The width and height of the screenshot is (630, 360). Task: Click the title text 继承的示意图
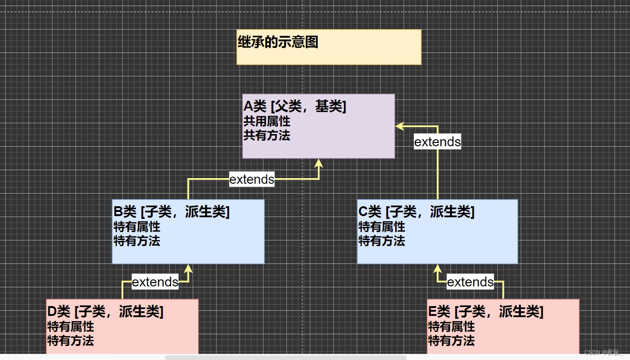pos(278,42)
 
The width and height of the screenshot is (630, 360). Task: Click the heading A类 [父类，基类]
pos(295,107)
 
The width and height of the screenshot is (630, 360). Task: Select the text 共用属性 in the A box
pos(267,122)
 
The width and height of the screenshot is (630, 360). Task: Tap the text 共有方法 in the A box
pos(267,136)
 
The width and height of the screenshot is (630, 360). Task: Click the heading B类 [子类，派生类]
pos(172,212)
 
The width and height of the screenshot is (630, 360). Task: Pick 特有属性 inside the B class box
pos(137,227)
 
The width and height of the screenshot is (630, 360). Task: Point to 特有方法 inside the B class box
pos(137,241)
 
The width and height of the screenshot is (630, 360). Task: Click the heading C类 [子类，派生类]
pos(416,212)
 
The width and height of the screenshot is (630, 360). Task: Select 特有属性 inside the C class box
pos(382,227)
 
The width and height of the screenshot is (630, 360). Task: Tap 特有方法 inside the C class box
pos(382,241)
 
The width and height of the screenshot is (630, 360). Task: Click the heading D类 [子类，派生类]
pos(105,311)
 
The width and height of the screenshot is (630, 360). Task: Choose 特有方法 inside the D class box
pos(71,341)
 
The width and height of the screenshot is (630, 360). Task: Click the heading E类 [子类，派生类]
pos(486,311)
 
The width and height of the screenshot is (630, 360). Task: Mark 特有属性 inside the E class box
pos(451,327)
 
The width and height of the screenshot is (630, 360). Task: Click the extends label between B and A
pos(252,179)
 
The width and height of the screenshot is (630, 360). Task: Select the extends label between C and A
pos(437,142)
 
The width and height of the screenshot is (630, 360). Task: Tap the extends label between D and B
pos(155,282)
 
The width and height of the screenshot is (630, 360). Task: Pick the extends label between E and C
pos(470,282)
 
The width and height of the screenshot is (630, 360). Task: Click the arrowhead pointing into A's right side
pos(399,126)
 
